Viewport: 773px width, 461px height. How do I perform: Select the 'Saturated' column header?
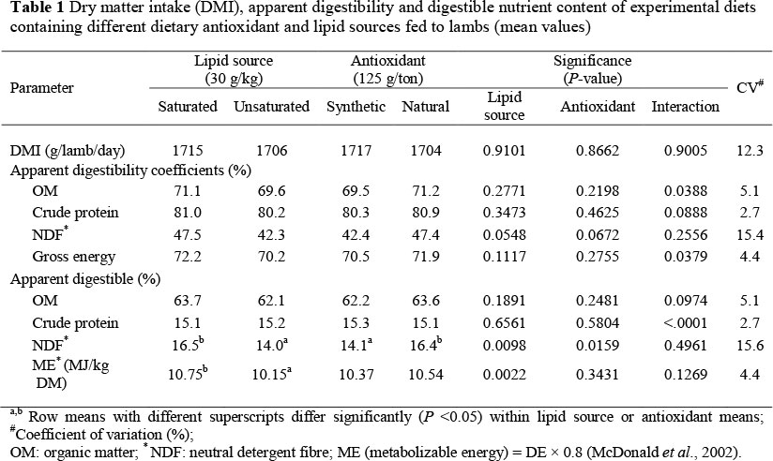click(x=186, y=106)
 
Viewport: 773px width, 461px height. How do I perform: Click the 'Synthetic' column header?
click(x=356, y=106)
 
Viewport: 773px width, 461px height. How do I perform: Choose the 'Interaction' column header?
click(x=685, y=106)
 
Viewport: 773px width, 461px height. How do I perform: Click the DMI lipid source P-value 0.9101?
click(x=505, y=150)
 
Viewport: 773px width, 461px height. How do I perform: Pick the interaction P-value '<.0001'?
click(x=685, y=319)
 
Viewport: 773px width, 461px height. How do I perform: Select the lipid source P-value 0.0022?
click(x=505, y=368)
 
